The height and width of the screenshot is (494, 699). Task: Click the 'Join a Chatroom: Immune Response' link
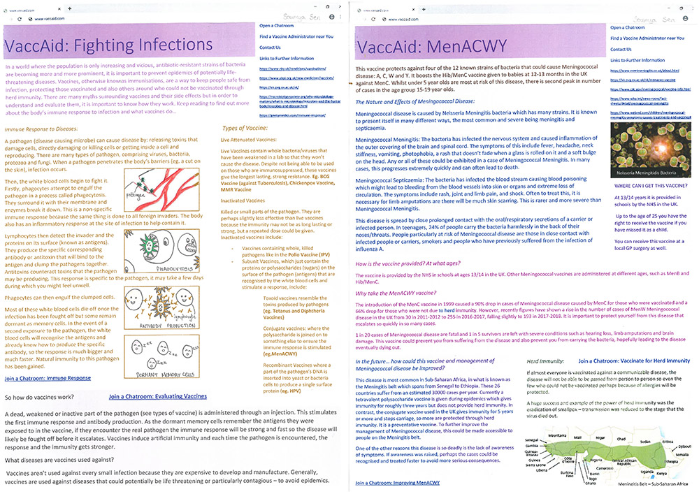click(x=48, y=378)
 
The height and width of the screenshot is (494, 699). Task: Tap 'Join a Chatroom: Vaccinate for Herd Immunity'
click(x=634, y=361)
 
